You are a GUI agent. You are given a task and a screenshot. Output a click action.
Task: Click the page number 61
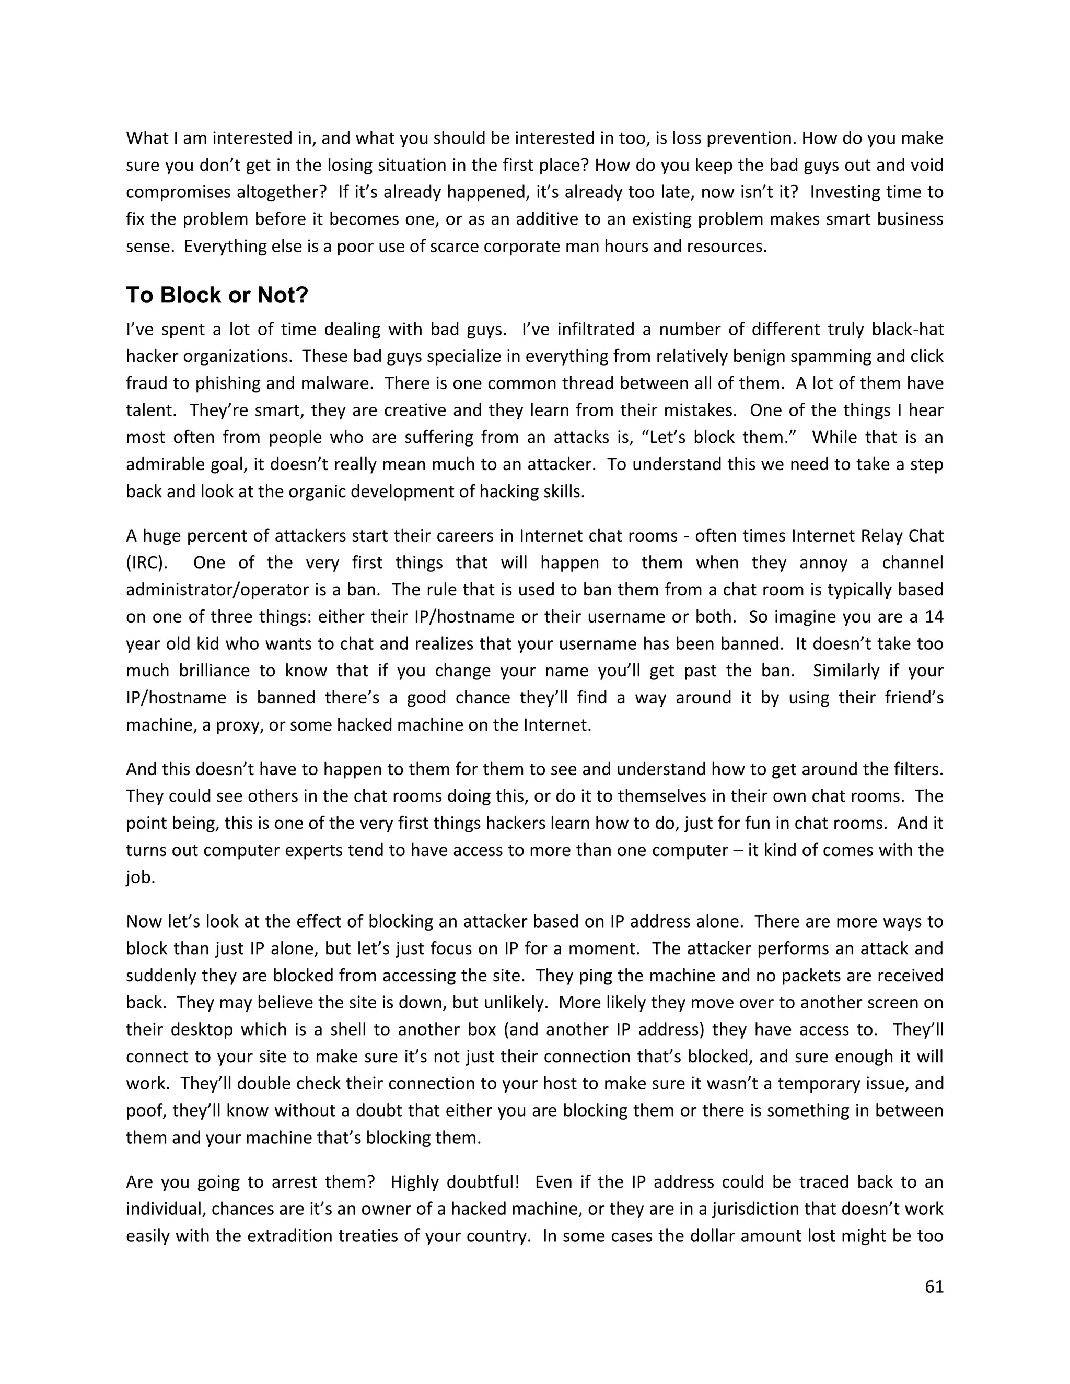pos(934,1286)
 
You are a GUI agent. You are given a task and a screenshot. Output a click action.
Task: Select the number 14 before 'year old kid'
pos(934,617)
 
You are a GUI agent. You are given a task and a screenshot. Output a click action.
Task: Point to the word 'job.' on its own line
pos(140,878)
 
